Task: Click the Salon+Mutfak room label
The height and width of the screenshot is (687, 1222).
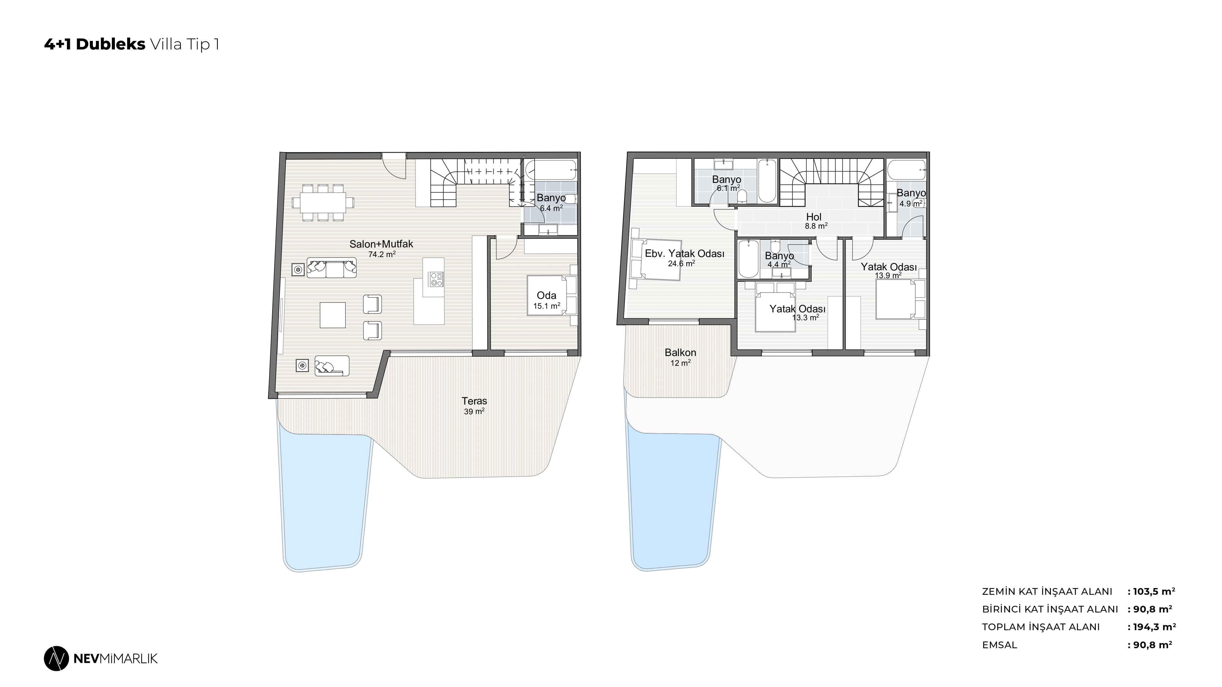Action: tap(381, 244)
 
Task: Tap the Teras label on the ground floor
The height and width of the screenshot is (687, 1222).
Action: tap(474, 401)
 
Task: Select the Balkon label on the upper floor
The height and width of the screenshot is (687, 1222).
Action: tap(680, 353)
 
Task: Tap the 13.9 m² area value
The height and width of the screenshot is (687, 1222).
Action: tap(888, 275)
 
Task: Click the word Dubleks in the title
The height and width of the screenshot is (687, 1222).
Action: tap(111, 44)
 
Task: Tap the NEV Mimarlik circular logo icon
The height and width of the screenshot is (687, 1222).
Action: tap(57, 659)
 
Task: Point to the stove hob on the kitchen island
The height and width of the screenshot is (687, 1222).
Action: tap(436, 279)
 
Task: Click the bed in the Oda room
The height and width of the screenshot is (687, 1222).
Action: tap(547, 296)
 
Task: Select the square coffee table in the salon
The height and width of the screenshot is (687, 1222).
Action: tap(333, 315)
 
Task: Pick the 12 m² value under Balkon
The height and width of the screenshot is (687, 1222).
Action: tap(680, 363)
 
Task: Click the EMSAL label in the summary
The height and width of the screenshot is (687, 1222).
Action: tap(1000, 645)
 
